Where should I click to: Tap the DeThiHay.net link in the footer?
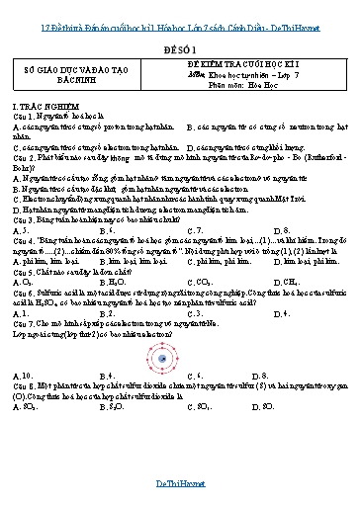click(180, 483)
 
